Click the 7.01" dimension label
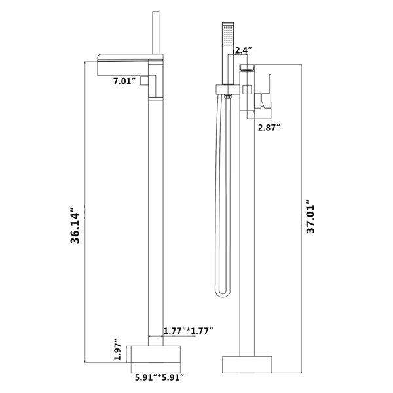click(x=124, y=81)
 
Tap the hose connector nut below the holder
click(x=227, y=98)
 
